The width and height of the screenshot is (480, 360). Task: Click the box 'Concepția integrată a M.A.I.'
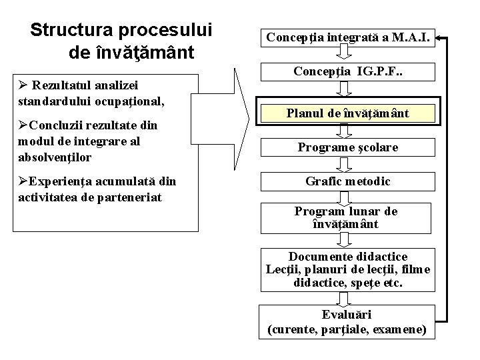pos(347,36)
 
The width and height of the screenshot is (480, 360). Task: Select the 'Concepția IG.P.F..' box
pos(347,70)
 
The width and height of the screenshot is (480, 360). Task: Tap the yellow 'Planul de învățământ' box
pos(347,114)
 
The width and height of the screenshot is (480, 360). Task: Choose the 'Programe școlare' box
pos(347,147)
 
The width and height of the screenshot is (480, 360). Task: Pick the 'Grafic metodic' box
pos(347,181)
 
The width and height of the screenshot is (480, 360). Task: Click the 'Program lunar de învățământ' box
pos(347,217)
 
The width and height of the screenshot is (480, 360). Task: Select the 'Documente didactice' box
pos(347,269)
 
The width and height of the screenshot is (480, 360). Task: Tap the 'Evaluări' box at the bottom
pos(347,321)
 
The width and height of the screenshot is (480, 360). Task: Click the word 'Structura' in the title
pos(73,30)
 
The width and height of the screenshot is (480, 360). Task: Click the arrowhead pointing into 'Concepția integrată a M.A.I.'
pos(443,37)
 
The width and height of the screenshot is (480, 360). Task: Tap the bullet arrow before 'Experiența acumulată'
pos(23,181)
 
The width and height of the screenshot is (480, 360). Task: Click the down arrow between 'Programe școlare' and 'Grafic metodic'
pos(345,164)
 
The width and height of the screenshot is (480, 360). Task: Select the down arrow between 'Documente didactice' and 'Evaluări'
pos(345,298)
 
